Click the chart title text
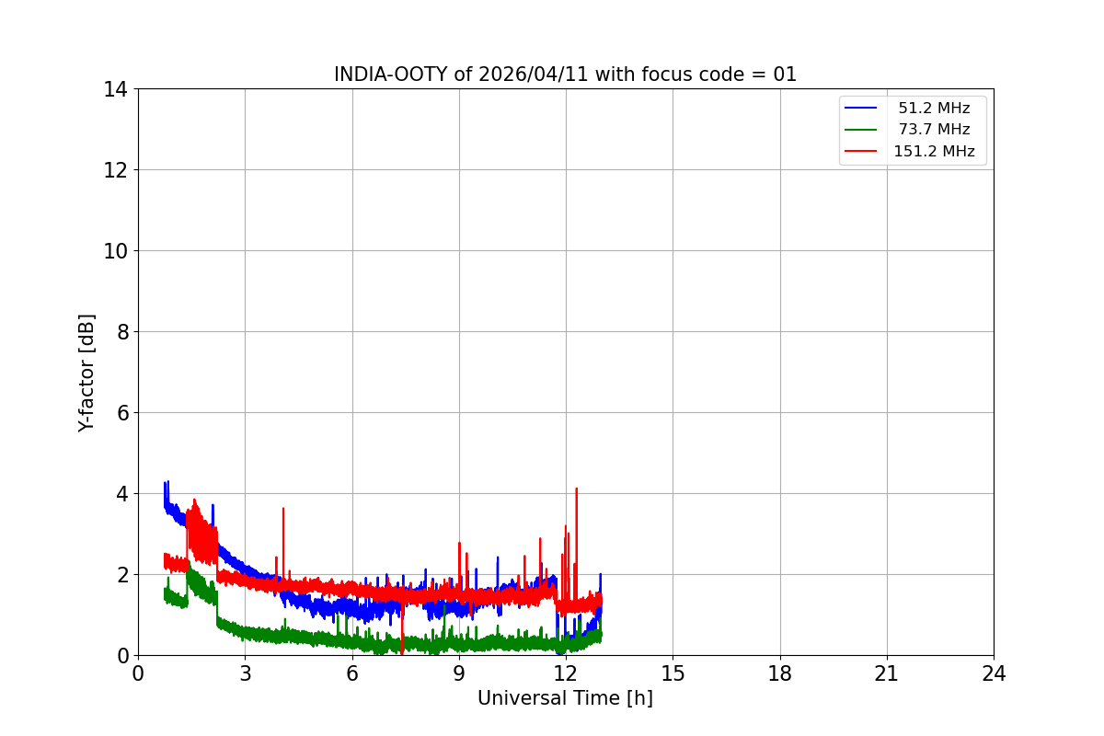click(x=565, y=75)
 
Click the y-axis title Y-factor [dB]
click(x=86, y=373)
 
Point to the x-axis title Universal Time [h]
click(x=565, y=698)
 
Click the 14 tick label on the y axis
click(x=115, y=89)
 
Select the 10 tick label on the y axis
click(x=115, y=251)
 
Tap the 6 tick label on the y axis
click(x=121, y=413)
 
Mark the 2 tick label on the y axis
click(x=121, y=575)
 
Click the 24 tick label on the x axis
click(x=994, y=673)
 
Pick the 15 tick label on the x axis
click(x=673, y=673)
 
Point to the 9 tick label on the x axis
click(x=459, y=673)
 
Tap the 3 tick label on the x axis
click(x=245, y=673)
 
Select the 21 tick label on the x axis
click(x=887, y=673)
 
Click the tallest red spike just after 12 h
click(x=576, y=490)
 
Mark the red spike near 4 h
click(x=283, y=510)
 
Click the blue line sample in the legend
click(x=860, y=109)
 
